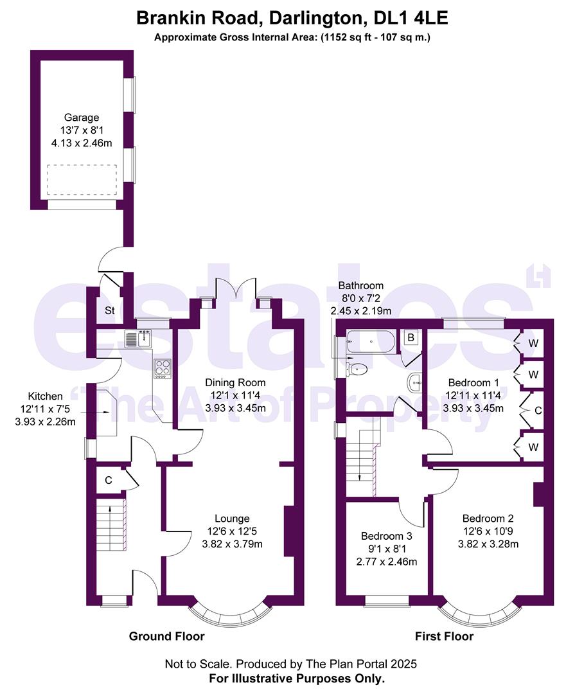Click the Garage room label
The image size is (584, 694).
(x=82, y=118)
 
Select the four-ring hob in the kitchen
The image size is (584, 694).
(x=162, y=368)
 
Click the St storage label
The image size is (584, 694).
(x=110, y=311)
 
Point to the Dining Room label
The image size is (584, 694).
(x=235, y=382)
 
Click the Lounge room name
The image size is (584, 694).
(x=232, y=519)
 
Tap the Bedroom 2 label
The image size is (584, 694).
(x=488, y=519)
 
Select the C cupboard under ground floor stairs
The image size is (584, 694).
(x=109, y=479)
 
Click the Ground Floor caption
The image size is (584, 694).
(x=167, y=636)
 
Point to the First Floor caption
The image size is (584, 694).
(x=445, y=636)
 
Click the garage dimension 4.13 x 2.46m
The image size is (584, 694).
(x=82, y=143)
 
